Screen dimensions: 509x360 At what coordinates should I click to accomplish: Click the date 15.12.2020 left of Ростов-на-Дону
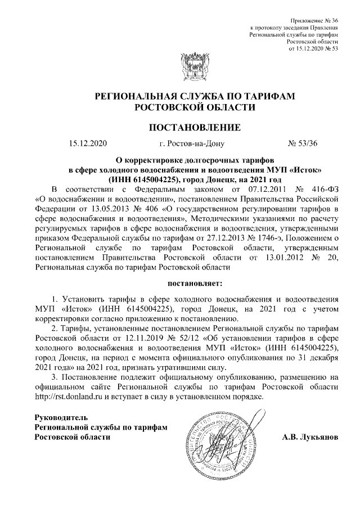(88, 143)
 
